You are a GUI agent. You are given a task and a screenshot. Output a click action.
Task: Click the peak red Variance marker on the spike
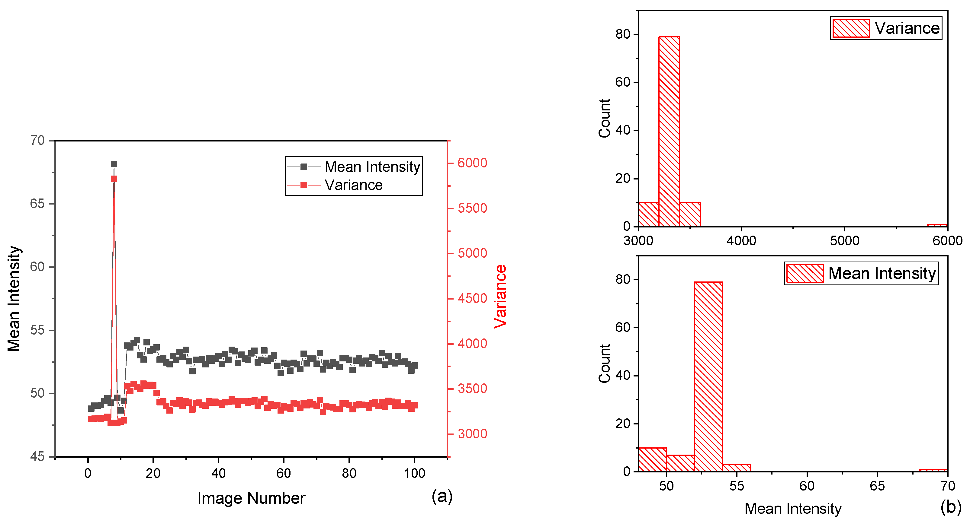click(114, 179)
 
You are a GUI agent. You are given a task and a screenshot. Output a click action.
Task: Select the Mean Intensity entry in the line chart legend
click(372, 167)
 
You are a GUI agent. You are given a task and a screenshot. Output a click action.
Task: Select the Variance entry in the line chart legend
click(353, 185)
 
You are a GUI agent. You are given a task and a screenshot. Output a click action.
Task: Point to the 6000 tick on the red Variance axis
click(472, 163)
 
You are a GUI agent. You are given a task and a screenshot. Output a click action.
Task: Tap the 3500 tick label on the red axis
click(472, 389)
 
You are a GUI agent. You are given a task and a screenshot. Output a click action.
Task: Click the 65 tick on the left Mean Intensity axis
click(37, 204)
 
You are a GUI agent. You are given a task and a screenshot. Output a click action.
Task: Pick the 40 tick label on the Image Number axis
click(218, 473)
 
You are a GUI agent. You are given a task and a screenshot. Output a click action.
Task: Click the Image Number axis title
click(251, 498)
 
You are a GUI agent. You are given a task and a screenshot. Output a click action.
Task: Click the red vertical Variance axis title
click(500, 297)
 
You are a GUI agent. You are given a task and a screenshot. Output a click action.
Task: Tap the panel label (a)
click(442, 496)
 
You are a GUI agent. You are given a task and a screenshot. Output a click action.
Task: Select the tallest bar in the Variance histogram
click(669, 132)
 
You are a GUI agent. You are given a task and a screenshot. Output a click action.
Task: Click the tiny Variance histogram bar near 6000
click(937, 225)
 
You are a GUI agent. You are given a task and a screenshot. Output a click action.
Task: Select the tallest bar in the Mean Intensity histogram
click(708, 376)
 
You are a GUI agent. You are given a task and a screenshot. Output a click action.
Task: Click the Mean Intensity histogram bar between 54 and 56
click(737, 468)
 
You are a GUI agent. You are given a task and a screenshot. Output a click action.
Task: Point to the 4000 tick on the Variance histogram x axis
click(741, 240)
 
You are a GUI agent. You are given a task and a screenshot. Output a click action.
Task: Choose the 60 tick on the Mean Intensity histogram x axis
click(807, 486)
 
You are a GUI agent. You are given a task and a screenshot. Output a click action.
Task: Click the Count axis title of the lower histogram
click(604, 364)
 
